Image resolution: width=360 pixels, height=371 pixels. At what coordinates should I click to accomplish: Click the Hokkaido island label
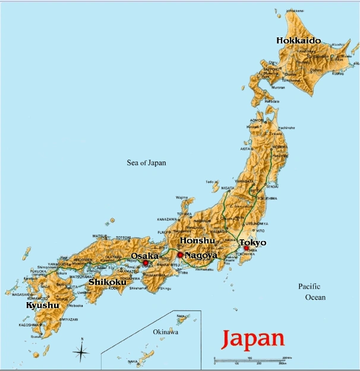coord(298,40)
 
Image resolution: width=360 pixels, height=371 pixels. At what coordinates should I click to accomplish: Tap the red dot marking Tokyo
coord(246,248)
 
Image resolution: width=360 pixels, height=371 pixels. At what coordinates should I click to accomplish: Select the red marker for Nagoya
coord(180,255)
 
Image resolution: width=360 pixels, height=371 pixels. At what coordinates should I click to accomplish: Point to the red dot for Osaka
coord(146,262)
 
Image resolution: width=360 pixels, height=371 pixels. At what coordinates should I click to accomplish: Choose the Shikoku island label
coord(107,282)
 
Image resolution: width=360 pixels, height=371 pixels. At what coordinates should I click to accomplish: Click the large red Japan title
coord(252,339)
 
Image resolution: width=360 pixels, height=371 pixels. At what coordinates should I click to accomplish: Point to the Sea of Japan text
coord(147,163)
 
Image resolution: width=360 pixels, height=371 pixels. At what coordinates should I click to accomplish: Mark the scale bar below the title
coord(250,362)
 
